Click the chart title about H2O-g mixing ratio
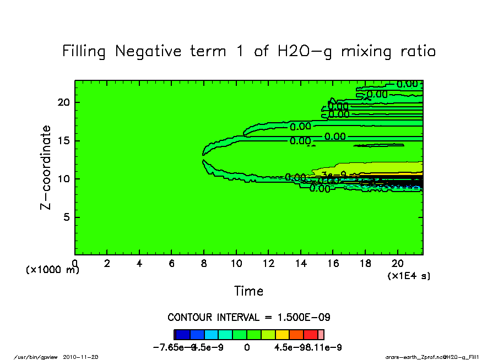249,52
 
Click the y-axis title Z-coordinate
46,167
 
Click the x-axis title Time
248,291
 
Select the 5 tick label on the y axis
67,217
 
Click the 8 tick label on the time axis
204,263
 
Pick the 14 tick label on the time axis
300,263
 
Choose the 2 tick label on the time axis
107,263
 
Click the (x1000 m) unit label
52,270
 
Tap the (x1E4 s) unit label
409,276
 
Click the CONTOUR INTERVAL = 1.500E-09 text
249,318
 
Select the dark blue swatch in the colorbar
182,334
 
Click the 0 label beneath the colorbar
247,347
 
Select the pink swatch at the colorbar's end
321,334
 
